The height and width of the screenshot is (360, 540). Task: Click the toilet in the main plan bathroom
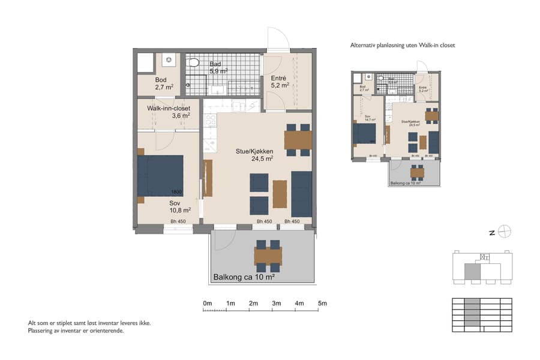pyautogui.click(x=194, y=62)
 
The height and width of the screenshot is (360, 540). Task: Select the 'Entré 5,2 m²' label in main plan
pyautogui.click(x=280, y=82)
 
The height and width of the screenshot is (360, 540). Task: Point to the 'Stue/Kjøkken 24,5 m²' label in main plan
pyautogui.click(x=254, y=155)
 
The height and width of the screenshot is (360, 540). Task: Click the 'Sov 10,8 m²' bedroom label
pyautogui.click(x=179, y=206)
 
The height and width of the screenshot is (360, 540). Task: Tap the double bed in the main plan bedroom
pyautogui.click(x=160, y=175)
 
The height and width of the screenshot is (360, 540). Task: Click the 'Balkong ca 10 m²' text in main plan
pyautogui.click(x=244, y=277)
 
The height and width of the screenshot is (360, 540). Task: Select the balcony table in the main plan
pyautogui.click(x=268, y=256)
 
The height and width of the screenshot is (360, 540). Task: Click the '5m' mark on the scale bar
pyautogui.click(x=322, y=304)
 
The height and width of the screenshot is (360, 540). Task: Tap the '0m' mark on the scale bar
pyautogui.click(x=208, y=304)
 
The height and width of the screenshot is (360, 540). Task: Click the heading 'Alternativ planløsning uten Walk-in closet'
pyautogui.click(x=407, y=45)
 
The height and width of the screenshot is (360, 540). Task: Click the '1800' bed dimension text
pyautogui.click(x=176, y=192)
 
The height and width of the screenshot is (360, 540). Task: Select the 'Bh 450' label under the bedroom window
pyautogui.click(x=178, y=222)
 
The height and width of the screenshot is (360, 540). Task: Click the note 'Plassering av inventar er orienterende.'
pyautogui.click(x=76, y=331)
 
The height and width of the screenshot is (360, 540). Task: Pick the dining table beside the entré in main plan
pyautogui.click(x=298, y=140)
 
